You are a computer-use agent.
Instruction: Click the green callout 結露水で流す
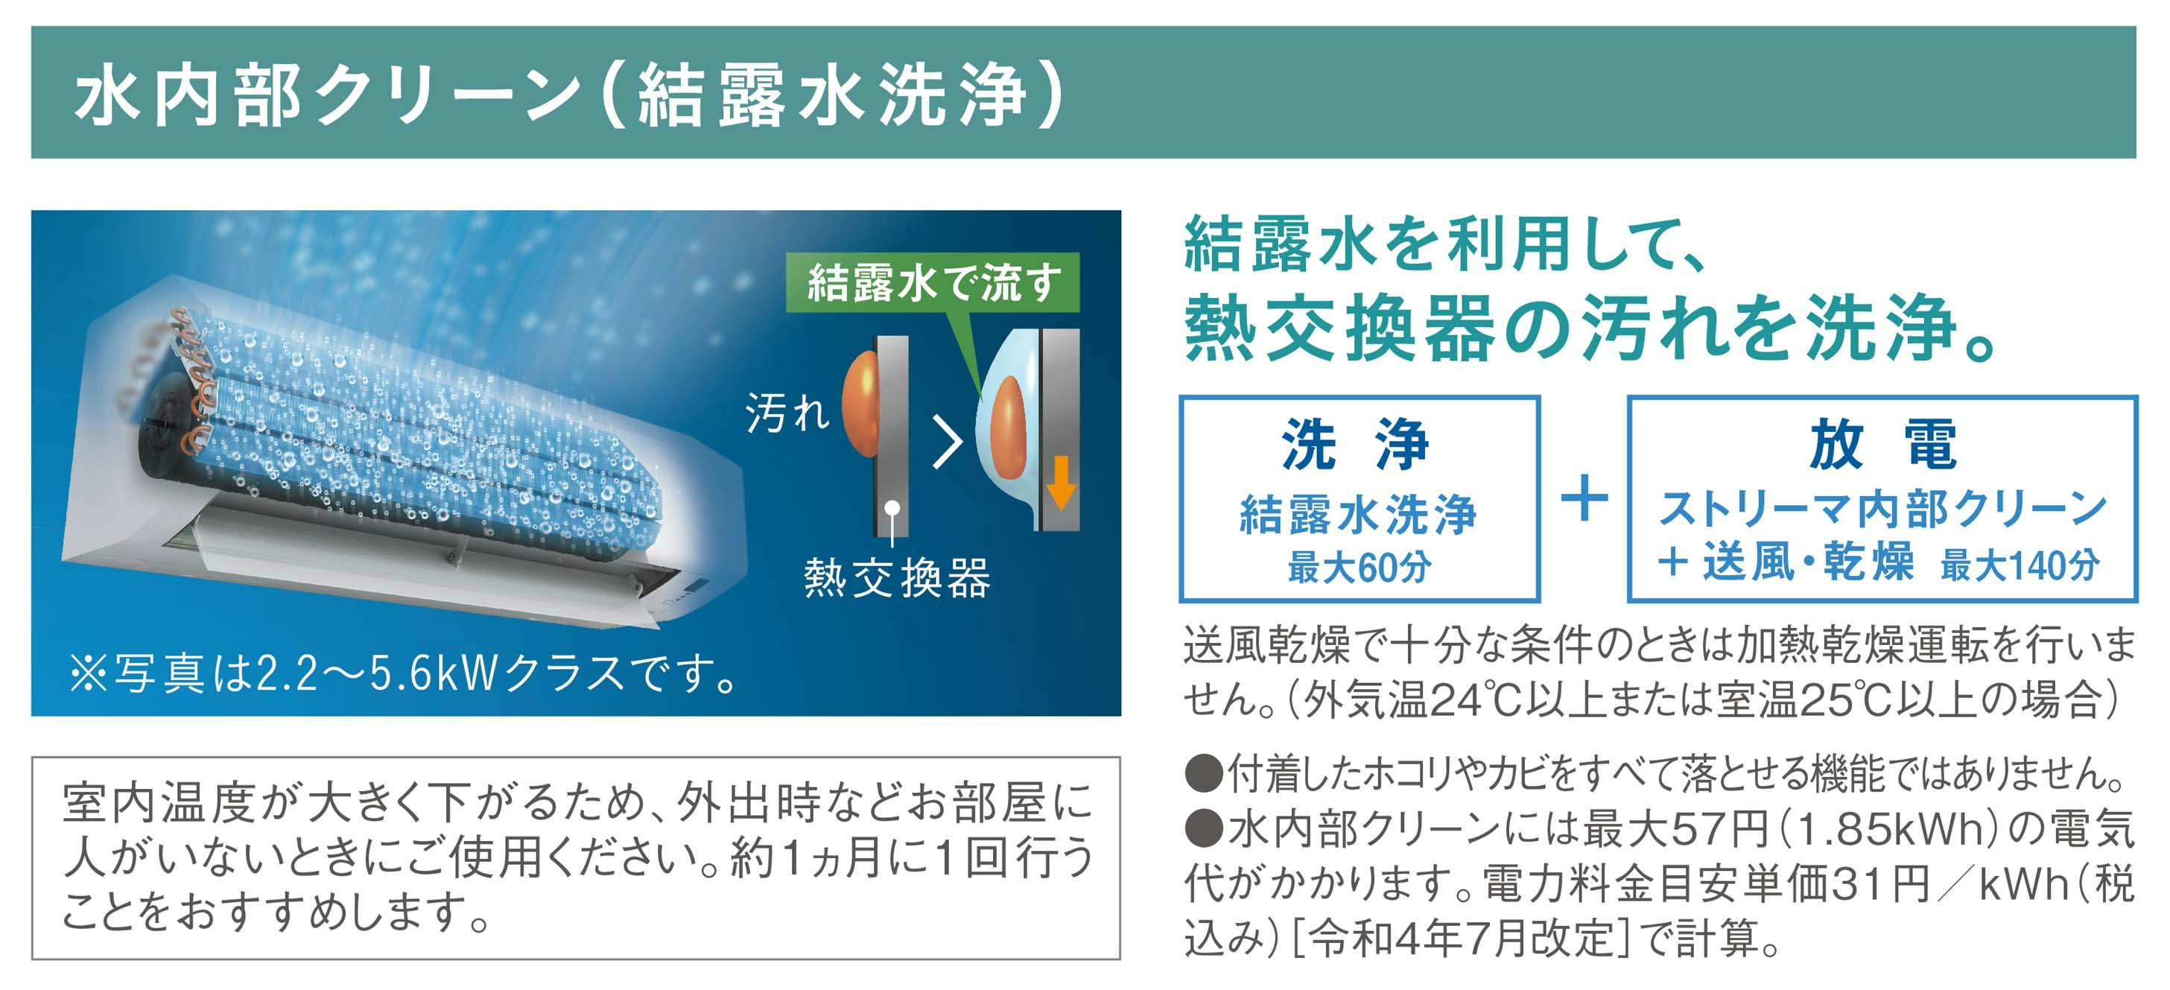(933, 282)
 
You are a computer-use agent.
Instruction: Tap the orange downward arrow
(1061, 482)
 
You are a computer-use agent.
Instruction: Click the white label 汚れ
(787, 413)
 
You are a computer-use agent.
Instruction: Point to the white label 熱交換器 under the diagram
(897, 578)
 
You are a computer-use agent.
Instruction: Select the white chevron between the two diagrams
(948, 443)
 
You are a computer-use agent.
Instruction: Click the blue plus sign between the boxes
(1584, 497)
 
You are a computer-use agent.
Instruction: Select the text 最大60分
(1359, 567)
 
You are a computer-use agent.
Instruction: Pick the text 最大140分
(2020, 565)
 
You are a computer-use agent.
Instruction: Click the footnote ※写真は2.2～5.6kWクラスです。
(405, 673)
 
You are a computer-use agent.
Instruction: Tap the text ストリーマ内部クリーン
(1882, 509)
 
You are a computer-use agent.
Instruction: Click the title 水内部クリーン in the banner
(329, 95)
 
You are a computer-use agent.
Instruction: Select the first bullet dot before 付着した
(1204, 773)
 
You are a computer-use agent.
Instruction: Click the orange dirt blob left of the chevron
(861, 404)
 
